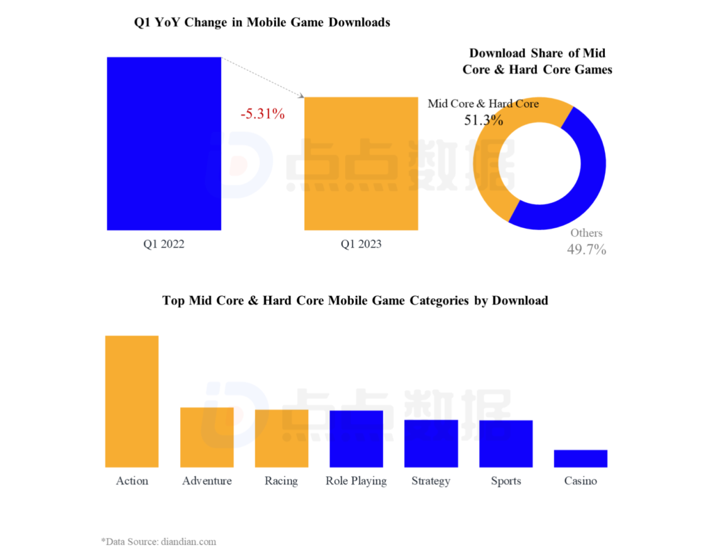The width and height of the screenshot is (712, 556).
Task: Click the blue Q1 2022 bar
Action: tap(164, 143)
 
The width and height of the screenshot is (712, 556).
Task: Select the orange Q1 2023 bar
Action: tap(361, 163)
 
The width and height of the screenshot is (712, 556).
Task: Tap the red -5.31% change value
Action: tap(263, 114)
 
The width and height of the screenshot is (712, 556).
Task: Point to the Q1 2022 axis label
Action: tap(164, 245)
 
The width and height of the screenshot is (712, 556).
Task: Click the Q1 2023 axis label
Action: tap(361, 245)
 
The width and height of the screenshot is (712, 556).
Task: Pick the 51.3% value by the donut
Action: tap(483, 120)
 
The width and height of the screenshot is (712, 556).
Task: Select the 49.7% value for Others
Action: tap(587, 250)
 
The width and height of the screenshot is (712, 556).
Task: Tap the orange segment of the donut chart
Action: tap(487, 174)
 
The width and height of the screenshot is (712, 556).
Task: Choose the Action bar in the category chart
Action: tap(132, 401)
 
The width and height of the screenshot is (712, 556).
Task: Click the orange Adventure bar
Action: tap(207, 437)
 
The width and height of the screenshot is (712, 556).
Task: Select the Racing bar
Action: tap(282, 438)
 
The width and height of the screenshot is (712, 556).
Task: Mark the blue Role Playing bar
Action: tap(356, 439)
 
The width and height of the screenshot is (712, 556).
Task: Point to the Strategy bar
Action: tap(431, 443)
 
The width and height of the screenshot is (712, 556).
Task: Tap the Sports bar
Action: tap(505, 443)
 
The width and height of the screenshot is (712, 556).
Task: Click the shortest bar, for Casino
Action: tap(581, 459)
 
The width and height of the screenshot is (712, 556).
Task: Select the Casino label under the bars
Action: tap(581, 481)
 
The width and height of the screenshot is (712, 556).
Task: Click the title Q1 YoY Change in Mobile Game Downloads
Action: tap(262, 23)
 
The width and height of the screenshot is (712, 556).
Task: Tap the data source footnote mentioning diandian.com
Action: tap(159, 541)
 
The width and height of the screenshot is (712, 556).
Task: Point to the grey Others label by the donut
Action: tap(586, 233)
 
